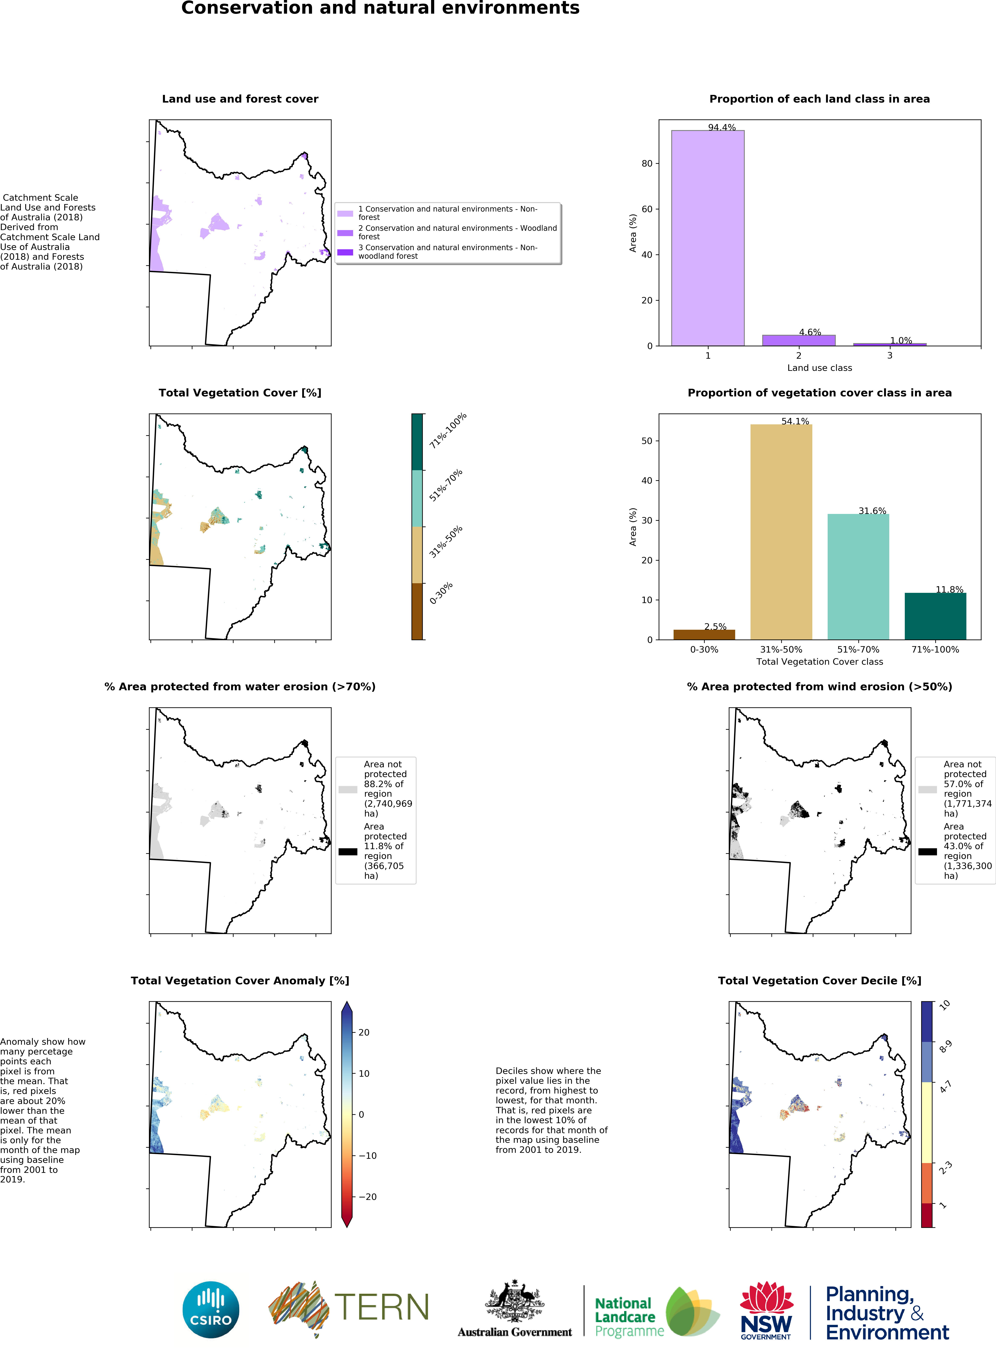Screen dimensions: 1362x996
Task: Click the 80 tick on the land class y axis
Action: pos(647,164)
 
